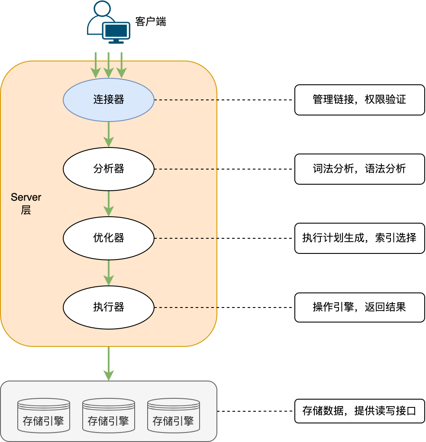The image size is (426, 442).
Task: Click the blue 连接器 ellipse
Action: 109,100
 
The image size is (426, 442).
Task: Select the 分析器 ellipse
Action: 109,169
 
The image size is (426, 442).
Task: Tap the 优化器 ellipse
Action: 109,238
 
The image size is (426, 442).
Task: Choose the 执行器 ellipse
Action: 109,307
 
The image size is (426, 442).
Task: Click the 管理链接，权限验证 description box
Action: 359,100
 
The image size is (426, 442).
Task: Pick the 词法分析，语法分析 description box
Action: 359,169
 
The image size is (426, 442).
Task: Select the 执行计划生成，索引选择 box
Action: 359,238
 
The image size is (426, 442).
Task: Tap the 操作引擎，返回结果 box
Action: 359,307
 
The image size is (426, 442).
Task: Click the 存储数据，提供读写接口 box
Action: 359,411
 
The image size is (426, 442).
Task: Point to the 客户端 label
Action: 150,22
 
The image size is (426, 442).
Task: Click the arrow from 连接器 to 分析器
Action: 109,134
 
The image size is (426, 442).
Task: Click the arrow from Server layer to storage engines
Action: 109,363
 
